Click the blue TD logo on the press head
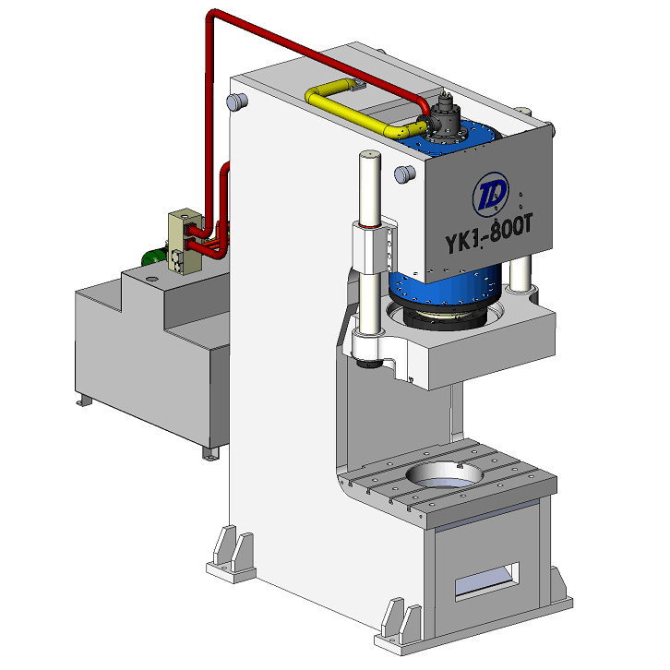pos(491,195)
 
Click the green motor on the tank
pos(154,257)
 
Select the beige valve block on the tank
pos(185,242)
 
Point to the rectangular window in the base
pos(487,581)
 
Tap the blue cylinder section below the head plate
pos(445,286)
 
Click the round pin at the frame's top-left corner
pos(237,102)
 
